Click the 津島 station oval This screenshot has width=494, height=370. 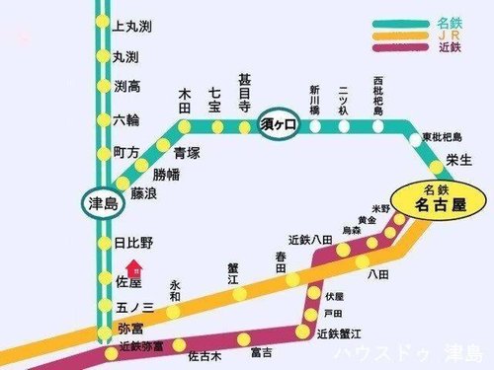click(x=103, y=203)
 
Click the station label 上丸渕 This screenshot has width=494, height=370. click(x=131, y=25)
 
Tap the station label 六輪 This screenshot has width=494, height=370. click(x=126, y=120)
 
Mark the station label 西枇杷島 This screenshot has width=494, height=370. click(x=377, y=95)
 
